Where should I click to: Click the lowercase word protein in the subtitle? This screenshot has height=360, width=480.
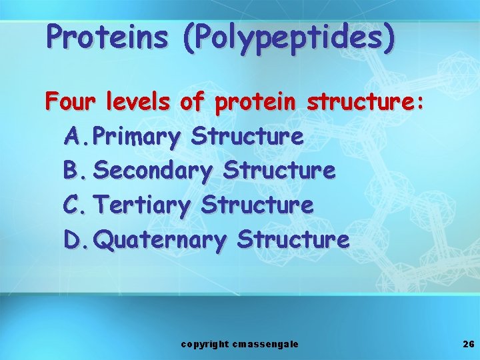click(x=257, y=103)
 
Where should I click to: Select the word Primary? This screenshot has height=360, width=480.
click(x=137, y=137)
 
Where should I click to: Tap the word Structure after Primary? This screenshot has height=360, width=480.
click(x=247, y=137)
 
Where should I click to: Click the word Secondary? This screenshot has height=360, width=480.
click(x=153, y=171)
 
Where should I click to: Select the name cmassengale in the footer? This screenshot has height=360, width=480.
click(x=266, y=344)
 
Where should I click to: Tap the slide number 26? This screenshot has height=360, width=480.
click(x=468, y=344)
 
